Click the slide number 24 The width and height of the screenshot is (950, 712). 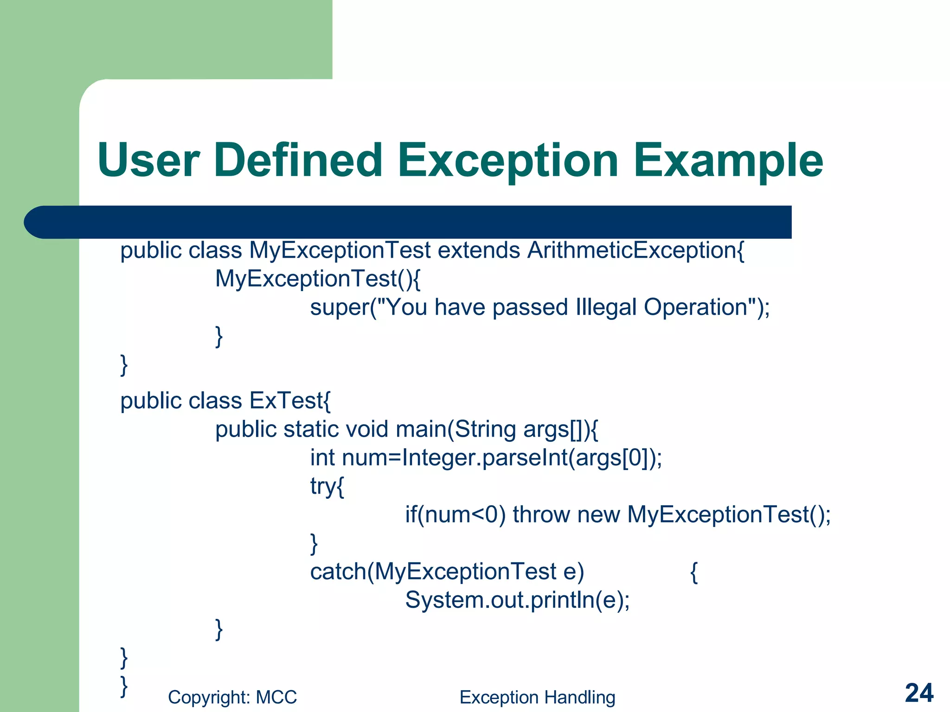(919, 693)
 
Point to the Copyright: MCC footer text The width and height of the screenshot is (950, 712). (232, 697)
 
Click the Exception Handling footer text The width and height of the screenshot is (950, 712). (537, 697)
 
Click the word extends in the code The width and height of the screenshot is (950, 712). (479, 251)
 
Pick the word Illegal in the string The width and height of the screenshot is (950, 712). (606, 308)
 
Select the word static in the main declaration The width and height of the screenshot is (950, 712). (311, 429)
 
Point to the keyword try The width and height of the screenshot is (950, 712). (322, 487)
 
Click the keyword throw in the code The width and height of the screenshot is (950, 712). (541, 515)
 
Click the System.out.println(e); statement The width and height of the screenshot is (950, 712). (517, 600)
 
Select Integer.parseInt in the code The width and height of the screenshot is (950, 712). (485, 458)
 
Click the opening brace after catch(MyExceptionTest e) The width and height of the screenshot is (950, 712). (694, 572)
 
